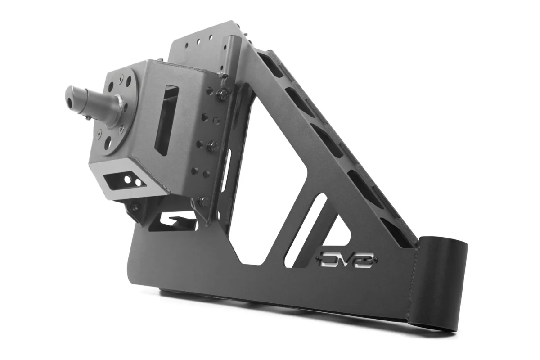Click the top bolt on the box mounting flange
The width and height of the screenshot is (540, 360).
(223, 94)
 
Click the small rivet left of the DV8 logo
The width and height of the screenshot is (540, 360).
(319, 259)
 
